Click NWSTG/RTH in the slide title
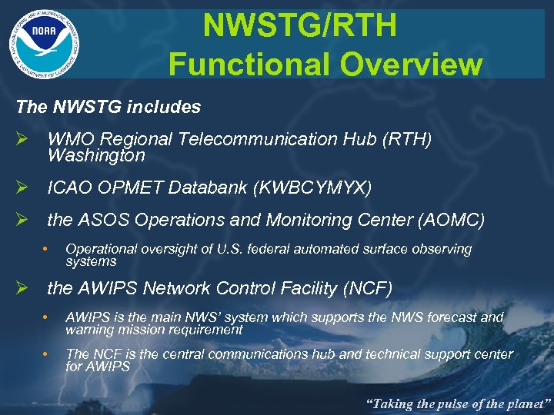point(300,26)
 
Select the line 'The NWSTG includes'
point(108,107)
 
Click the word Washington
point(96,156)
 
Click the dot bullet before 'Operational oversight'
point(47,249)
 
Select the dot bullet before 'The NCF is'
point(47,354)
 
